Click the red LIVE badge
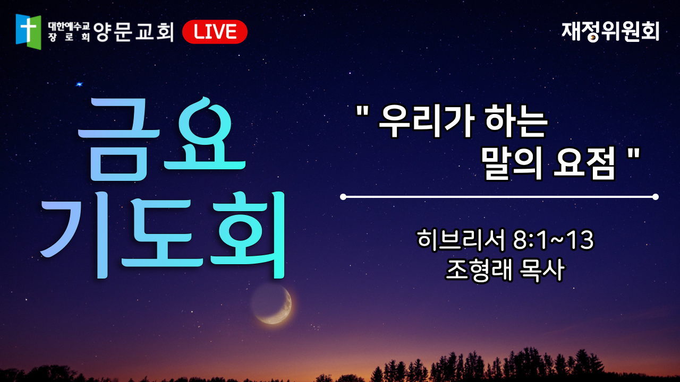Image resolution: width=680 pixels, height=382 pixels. point(215,31)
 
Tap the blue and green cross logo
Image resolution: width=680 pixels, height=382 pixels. point(28,31)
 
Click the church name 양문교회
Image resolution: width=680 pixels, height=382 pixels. point(133,31)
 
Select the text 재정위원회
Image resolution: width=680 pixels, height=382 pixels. point(610,31)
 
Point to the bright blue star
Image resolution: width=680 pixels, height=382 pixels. point(79,84)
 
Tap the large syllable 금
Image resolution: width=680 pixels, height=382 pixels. point(119,140)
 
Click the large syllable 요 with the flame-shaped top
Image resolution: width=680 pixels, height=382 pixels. point(205,133)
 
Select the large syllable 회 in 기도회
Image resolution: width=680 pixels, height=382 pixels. point(248,235)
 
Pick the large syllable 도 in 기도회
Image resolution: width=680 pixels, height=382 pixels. point(163,233)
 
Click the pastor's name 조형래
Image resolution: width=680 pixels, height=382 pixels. point(479,270)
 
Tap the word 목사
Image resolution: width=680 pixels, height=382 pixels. point(542,270)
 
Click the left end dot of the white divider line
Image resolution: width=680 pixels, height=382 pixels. point(343,197)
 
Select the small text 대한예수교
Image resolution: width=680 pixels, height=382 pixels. point(69,27)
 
